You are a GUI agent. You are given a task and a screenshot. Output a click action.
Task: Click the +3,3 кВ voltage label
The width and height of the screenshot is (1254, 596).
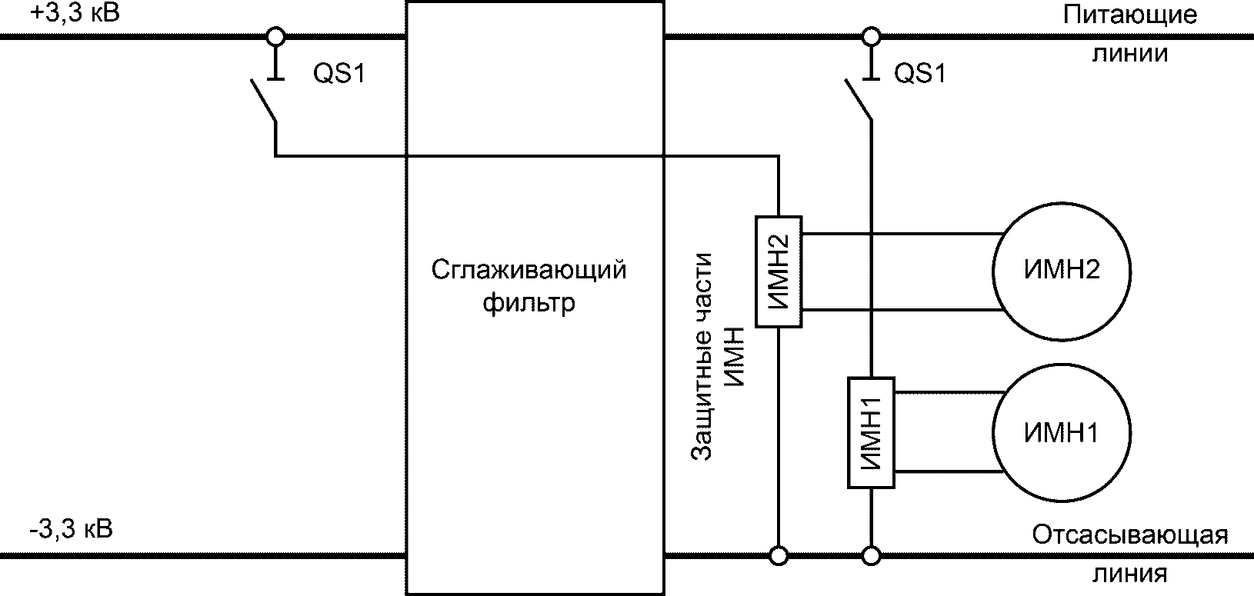click(75, 13)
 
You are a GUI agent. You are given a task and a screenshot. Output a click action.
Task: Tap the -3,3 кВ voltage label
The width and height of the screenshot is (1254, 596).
click(70, 530)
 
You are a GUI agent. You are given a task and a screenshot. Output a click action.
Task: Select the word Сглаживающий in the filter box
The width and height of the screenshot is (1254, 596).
click(529, 271)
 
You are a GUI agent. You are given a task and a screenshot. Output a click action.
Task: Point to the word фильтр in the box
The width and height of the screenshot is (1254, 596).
click(529, 303)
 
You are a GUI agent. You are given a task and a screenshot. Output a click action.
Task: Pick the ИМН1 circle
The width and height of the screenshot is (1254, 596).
click(1061, 433)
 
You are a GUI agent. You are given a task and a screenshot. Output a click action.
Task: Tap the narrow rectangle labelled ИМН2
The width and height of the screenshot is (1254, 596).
click(779, 271)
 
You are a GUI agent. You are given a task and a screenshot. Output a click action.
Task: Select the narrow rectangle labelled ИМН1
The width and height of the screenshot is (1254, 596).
click(871, 433)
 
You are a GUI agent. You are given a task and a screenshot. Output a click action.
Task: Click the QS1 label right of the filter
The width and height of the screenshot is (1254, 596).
click(920, 75)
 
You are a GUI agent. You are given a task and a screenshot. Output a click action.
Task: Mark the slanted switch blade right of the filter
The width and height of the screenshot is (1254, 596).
click(859, 99)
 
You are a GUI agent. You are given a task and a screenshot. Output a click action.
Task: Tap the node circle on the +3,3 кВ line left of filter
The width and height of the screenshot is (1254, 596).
click(275, 35)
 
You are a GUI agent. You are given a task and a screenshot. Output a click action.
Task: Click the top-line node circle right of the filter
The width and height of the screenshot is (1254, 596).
click(871, 35)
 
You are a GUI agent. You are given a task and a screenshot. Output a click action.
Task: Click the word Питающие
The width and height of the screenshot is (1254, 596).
click(1130, 16)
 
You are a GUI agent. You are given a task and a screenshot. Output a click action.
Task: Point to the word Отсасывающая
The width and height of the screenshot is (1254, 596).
click(1129, 535)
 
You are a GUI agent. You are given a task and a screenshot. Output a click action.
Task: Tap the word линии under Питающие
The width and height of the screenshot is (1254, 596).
click(1130, 54)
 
